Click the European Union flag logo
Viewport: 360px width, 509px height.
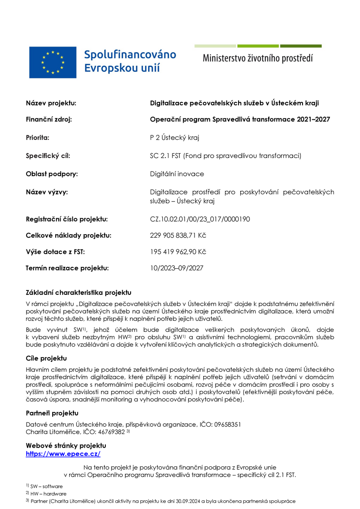click(x=53, y=62)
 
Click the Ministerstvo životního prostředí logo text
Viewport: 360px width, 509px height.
click(x=258, y=58)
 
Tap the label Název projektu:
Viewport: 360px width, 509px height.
click(x=51, y=103)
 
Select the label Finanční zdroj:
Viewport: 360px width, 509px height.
click(x=49, y=120)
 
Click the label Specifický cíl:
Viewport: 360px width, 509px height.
click(x=48, y=155)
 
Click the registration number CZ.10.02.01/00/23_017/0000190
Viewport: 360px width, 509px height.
click(x=200, y=219)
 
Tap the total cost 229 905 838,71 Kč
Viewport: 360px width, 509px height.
click(x=178, y=236)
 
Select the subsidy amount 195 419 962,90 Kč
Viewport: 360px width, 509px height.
click(x=178, y=252)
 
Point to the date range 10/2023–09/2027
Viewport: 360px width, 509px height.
click(x=176, y=268)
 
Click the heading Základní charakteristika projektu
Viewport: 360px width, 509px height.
click(x=78, y=292)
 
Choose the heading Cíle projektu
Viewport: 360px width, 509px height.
click(x=46, y=358)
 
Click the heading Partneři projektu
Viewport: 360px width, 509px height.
click(x=52, y=413)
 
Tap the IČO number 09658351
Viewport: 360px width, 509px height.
click(x=227, y=425)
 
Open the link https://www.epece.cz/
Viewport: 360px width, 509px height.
click(x=63, y=454)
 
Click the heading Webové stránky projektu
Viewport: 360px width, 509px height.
click(x=66, y=446)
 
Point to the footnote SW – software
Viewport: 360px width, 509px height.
click(x=46, y=486)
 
